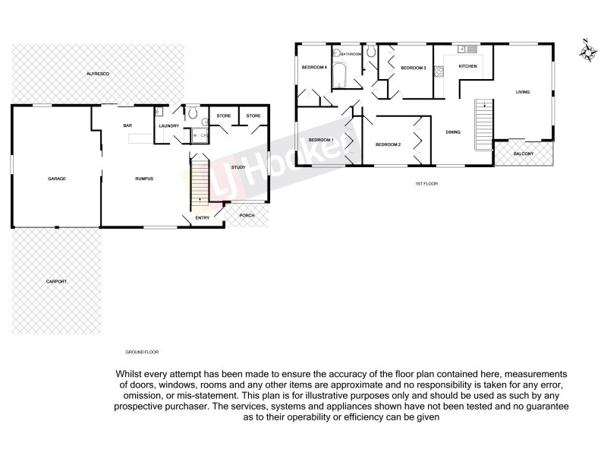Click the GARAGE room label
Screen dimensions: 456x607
tap(57, 179)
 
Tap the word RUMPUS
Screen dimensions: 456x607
tap(144, 179)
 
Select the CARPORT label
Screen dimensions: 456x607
tap(57, 281)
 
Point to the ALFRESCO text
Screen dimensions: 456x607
tap(99, 73)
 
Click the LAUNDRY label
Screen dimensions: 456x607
tap(168, 125)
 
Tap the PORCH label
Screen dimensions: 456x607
tap(247, 216)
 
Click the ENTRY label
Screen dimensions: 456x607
tap(203, 218)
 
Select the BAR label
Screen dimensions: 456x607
tap(128, 125)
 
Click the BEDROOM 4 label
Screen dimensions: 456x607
tap(313, 68)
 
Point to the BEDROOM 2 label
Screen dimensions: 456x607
tap(388, 144)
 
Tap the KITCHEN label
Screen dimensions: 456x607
tap(468, 68)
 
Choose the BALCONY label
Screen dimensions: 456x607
tap(524, 154)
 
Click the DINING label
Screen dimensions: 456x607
tap(453, 132)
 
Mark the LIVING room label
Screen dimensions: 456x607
tap(522, 92)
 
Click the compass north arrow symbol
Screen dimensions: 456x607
tap(586, 51)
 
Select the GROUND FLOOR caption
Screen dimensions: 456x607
tap(142, 353)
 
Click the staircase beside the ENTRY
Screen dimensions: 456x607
tap(200, 182)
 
